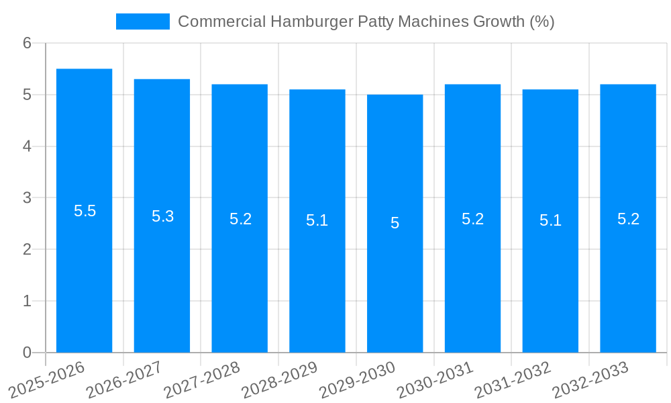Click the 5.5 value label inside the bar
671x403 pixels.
pyautogui.click(x=85, y=211)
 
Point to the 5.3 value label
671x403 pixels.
pyautogui.click(x=162, y=216)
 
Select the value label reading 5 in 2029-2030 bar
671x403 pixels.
pyautogui.click(x=395, y=223)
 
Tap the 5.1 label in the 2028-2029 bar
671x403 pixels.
pyautogui.click(x=317, y=220)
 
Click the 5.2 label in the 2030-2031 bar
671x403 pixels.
pyautogui.click(x=472, y=219)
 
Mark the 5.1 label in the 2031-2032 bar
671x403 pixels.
pyautogui.click(x=550, y=220)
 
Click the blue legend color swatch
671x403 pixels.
pyautogui.click(x=142, y=21)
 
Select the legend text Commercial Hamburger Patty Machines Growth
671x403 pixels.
pyautogui.click(x=366, y=21)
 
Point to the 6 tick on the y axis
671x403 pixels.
pyautogui.click(x=27, y=43)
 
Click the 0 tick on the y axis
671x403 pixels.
pyautogui.click(x=27, y=353)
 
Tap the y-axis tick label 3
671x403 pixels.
pyautogui.click(x=27, y=198)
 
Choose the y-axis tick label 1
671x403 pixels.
pyautogui.click(x=27, y=301)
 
